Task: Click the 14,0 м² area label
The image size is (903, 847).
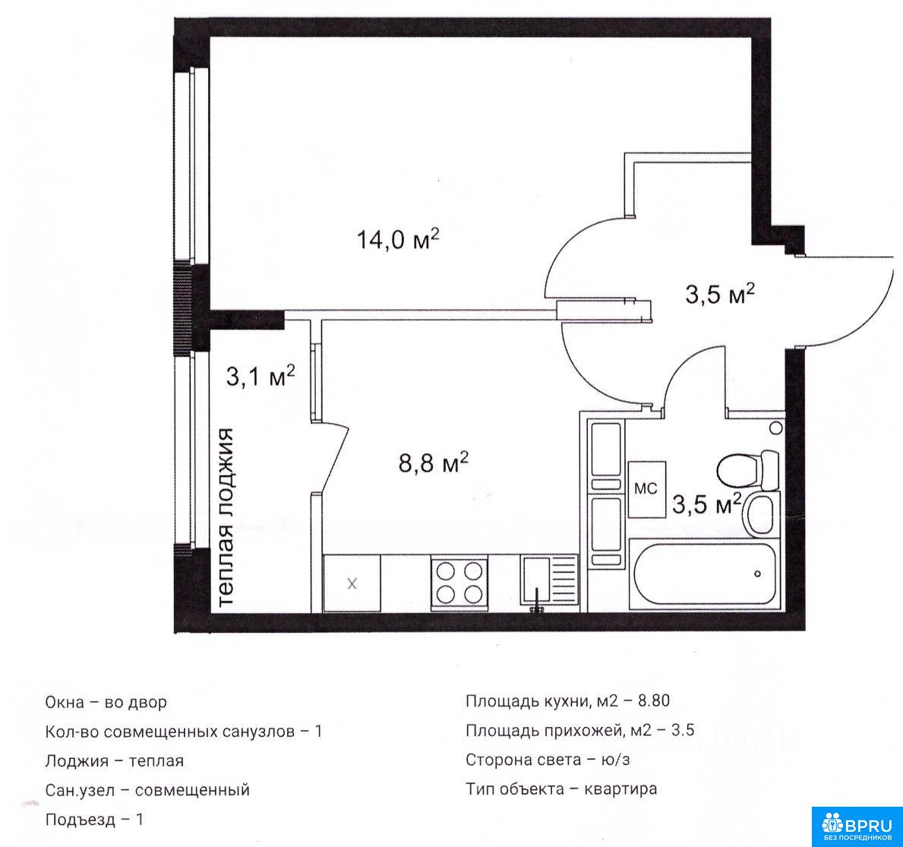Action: (398, 239)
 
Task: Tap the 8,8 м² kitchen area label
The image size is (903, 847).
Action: (433, 462)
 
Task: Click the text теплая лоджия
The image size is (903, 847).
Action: (227, 517)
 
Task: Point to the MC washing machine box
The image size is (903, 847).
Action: (647, 489)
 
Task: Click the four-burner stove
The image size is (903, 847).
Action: (459, 583)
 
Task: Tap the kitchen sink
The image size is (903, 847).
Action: (549, 580)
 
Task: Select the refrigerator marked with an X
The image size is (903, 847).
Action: (352, 583)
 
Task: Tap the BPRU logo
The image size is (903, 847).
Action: (857, 826)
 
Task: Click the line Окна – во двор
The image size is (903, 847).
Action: (106, 703)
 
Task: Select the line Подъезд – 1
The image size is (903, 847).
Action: (94, 819)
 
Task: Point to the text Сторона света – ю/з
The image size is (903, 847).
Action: (548, 760)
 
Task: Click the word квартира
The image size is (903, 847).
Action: (620, 789)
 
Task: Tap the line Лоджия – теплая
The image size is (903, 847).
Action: (115, 760)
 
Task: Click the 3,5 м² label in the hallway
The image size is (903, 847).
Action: (720, 294)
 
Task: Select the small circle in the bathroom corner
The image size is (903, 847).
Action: (775, 428)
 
